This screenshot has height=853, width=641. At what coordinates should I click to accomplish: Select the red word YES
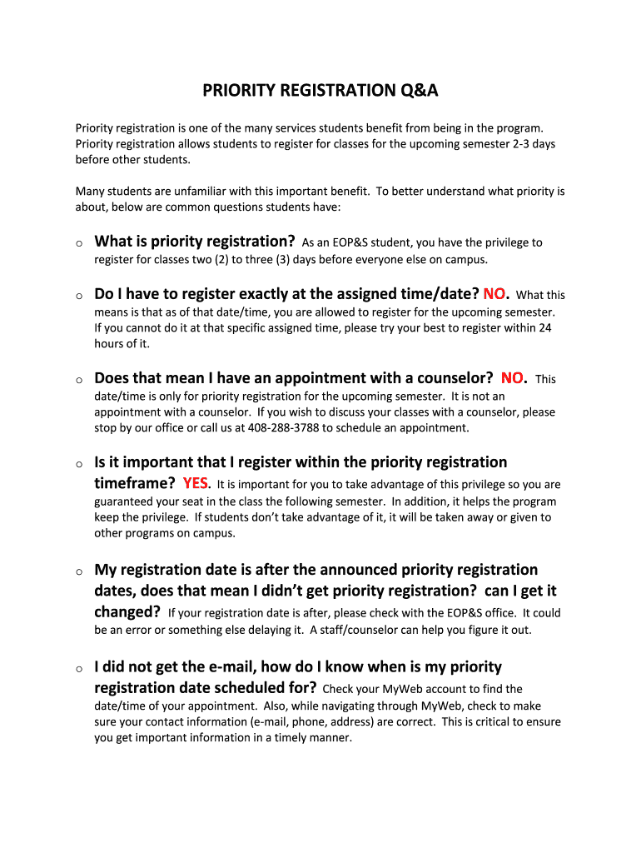[196, 483]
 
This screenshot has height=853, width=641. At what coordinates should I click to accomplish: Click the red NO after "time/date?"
[494, 294]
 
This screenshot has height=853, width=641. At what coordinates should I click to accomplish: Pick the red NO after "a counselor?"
[512, 378]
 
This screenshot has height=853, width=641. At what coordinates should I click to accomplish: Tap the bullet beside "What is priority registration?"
[78, 243]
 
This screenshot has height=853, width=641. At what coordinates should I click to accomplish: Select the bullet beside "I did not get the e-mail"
[78, 669]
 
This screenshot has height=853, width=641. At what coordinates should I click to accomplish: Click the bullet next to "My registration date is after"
[78, 572]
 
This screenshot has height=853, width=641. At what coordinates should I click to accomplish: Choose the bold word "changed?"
[127, 612]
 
